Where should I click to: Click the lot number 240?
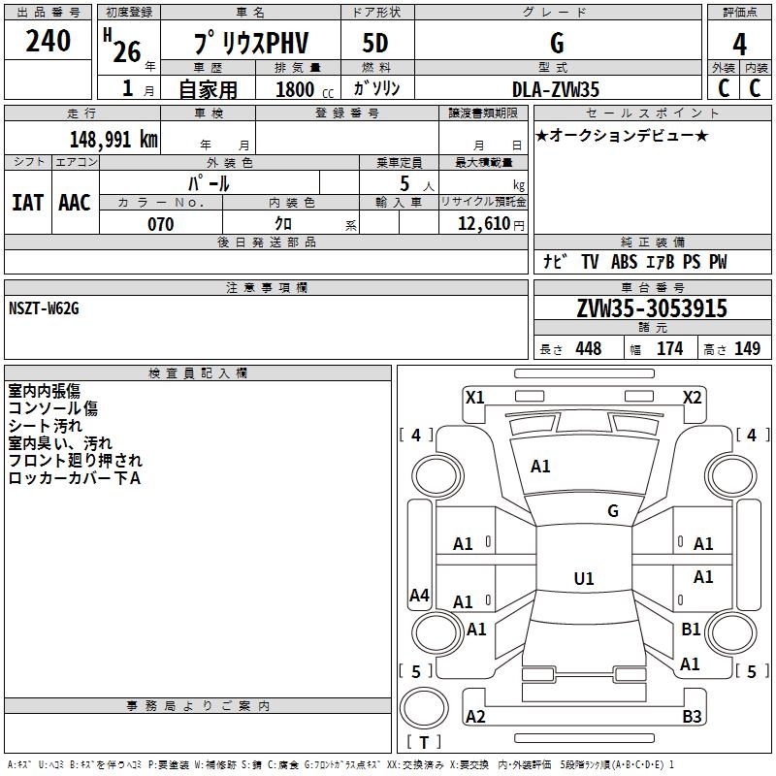pos(48,42)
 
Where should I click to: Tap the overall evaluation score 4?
pos(739,45)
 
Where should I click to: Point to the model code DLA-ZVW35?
pos(556,89)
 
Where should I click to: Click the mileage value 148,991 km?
pos(113,139)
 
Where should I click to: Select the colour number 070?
pos(160,224)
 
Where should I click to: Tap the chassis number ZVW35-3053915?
pos(651,309)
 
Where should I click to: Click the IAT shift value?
pos(27,203)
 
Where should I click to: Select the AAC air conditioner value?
pos(75,203)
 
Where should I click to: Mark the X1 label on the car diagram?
pos(474,397)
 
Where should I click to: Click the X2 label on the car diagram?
pos(692,397)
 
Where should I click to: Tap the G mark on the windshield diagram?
pos(612,511)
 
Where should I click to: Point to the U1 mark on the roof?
pos(583,579)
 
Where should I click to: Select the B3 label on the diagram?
pos(692,717)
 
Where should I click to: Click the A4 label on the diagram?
pos(419,596)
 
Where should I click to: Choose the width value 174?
pos(669,349)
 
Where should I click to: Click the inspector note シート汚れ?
pos(46,426)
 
